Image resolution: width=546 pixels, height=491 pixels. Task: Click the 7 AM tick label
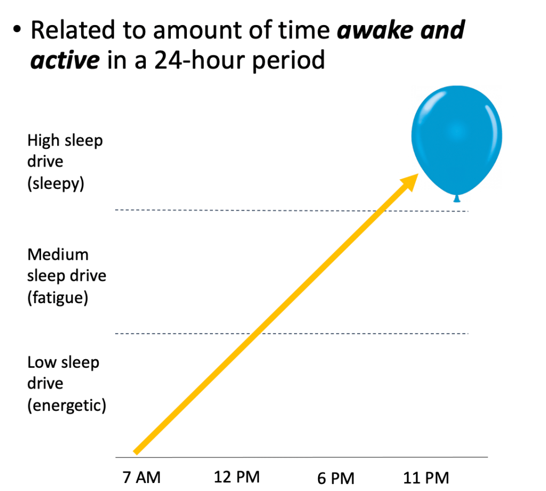(x=141, y=477)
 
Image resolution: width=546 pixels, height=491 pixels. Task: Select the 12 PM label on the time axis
(x=237, y=477)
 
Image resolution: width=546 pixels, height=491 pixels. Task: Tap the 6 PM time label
(x=336, y=478)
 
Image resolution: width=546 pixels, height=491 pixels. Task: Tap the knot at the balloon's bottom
(x=456, y=199)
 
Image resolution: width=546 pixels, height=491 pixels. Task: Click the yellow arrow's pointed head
(x=411, y=179)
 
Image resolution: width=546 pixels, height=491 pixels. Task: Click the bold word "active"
(x=65, y=60)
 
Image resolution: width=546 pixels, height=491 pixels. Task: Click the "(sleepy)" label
(x=56, y=185)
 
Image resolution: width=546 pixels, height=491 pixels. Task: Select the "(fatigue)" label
(x=58, y=298)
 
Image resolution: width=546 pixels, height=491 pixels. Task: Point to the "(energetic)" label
(x=67, y=406)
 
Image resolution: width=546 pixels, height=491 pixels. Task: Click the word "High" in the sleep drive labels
(x=43, y=141)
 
